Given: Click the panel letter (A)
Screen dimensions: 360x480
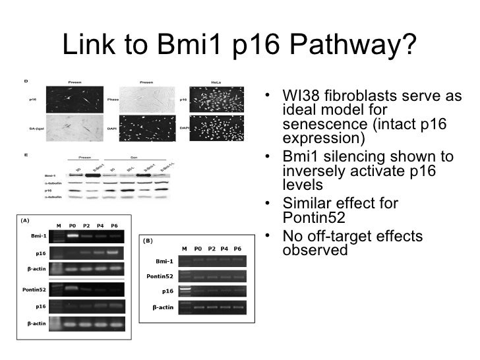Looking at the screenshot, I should tap(25, 221).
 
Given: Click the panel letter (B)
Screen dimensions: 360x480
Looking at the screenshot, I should tap(149, 241).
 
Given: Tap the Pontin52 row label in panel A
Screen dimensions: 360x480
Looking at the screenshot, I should tap(37, 289).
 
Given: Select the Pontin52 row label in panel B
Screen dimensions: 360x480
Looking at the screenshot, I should tap(160, 276).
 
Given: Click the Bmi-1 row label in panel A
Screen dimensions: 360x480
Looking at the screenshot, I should tap(39, 235).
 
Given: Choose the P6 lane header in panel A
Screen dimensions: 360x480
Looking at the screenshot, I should tap(114, 225).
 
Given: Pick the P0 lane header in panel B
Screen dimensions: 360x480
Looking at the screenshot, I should tap(198, 248).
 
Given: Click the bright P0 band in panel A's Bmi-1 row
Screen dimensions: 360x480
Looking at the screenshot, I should tap(73, 235).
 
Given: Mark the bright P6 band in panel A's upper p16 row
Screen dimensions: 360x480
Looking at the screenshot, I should tap(113, 252).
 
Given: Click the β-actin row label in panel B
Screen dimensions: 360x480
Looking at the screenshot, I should tap(162, 307).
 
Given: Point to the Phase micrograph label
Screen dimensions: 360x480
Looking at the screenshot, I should tap(113, 100).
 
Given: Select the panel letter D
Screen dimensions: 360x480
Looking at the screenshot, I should tap(25, 80).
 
